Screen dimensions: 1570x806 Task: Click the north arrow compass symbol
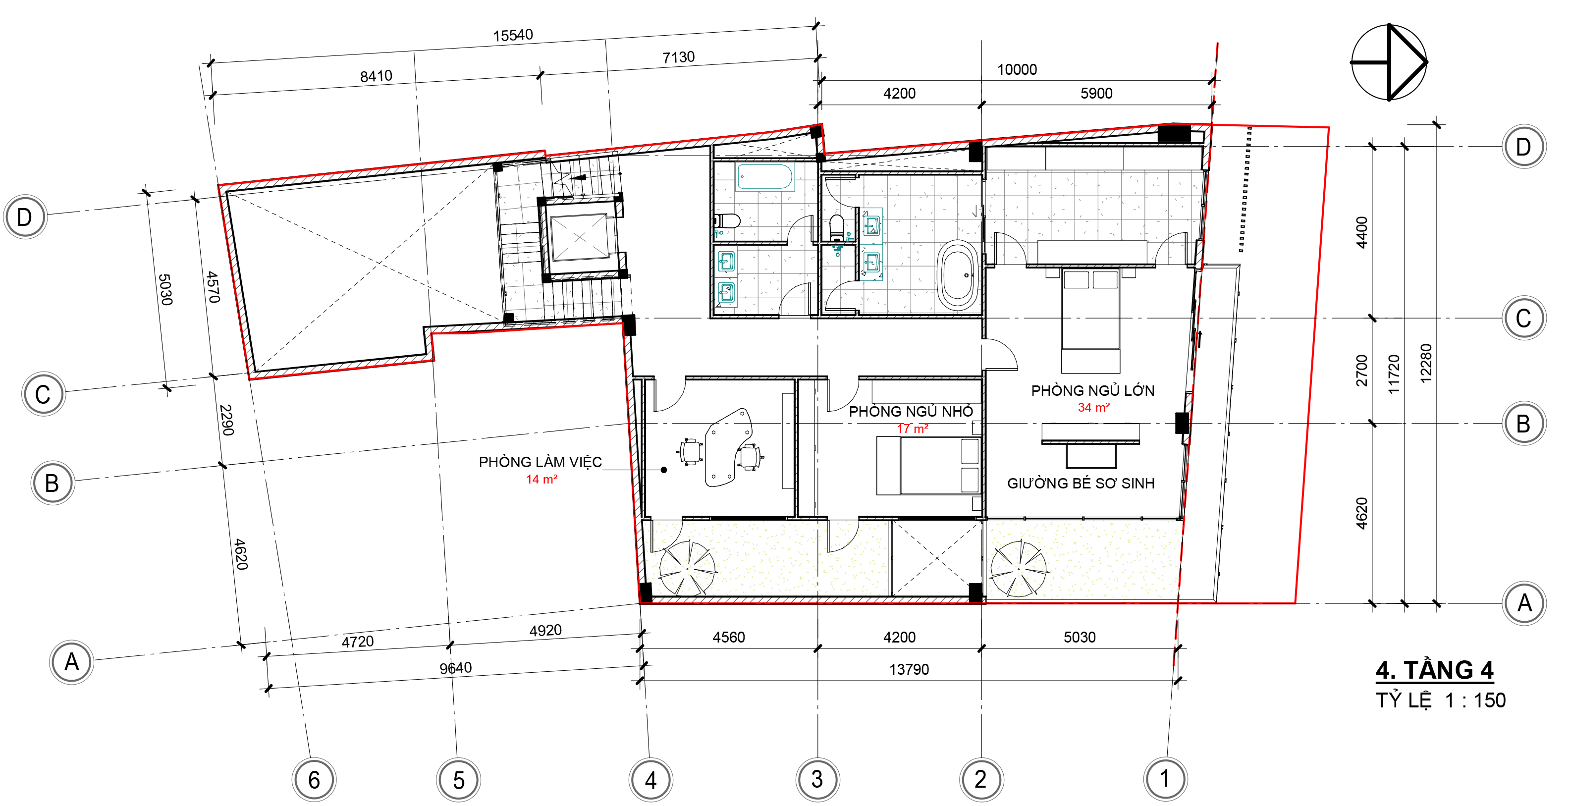click(1389, 62)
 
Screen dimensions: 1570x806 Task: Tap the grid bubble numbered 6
click(314, 779)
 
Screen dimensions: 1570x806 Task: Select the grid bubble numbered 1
click(1165, 778)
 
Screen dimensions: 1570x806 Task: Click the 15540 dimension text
click(513, 35)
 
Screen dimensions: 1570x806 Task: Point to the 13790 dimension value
click(909, 669)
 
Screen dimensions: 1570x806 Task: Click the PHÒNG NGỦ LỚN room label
click(1092, 390)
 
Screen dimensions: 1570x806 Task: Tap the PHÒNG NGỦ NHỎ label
click(911, 411)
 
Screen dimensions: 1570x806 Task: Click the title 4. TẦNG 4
click(1434, 670)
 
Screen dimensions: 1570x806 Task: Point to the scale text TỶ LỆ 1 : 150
click(1440, 700)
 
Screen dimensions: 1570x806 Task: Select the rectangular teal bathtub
click(764, 177)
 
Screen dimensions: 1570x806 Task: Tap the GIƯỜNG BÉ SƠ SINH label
click(1080, 483)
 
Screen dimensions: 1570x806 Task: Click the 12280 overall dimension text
click(1425, 363)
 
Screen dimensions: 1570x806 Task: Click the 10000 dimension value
click(1017, 69)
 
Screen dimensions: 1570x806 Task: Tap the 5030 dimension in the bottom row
click(1080, 637)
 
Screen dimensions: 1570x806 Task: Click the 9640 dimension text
click(455, 668)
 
